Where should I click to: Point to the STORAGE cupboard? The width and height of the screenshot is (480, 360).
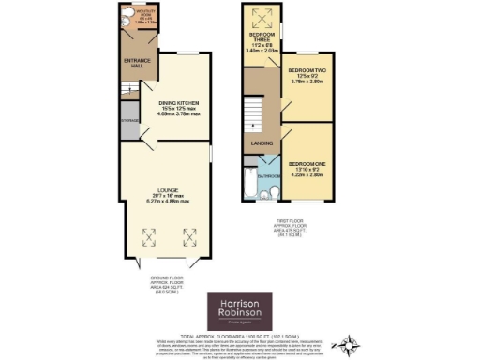[x=128, y=120]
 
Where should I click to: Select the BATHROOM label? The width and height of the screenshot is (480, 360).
[x=269, y=175]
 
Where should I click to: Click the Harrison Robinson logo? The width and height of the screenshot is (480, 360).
[x=240, y=308]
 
